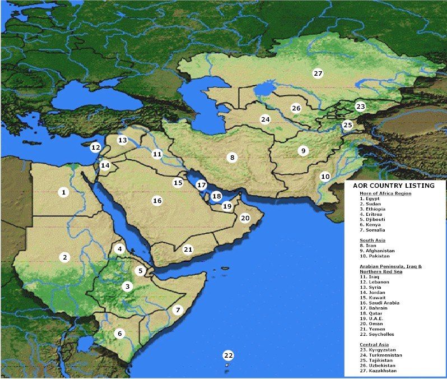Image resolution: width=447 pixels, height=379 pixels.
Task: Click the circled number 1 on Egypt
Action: [x=64, y=192]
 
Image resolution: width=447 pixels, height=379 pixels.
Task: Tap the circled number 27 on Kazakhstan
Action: [x=318, y=73]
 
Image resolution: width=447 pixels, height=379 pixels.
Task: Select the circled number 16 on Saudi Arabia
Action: [x=157, y=200]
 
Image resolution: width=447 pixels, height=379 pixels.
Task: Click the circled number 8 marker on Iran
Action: [x=232, y=158]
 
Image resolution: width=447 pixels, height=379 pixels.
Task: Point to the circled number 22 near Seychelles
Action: [x=228, y=355]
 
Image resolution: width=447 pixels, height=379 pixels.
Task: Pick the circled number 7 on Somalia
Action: [x=178, y=309]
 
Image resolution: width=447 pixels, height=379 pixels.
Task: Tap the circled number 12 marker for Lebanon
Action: [x=96, y=147]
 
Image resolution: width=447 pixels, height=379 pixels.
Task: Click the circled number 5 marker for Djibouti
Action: [x=141, y=271]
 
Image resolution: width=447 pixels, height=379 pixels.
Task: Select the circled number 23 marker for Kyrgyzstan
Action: [x=360, y=107]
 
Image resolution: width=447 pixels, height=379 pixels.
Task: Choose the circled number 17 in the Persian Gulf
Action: [x=202, y=184]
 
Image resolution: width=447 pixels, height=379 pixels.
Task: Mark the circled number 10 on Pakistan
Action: [x=325, y=177]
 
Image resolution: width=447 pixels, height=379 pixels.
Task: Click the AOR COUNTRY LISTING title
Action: [x=393, y=186]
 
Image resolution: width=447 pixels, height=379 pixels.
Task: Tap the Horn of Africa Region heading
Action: [x=385, y=193]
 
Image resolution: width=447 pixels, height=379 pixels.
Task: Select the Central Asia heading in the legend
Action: [x=374, y=344]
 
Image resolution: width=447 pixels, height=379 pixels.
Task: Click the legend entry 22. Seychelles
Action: [x=381, y=335]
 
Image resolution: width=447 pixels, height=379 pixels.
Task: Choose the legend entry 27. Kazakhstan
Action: [x=383, y=371]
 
